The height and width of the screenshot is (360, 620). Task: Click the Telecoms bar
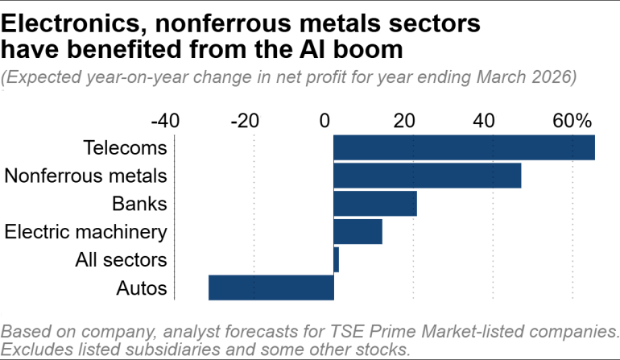tap(464, 148)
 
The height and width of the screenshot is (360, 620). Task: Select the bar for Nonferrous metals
tap(427, 176)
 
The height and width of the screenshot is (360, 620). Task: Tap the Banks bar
tap(374, 204)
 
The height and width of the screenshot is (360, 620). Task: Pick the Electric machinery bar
tap(358, 232)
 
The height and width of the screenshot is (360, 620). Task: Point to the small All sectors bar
tap(336, 259)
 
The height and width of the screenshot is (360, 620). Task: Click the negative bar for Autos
tap(271, 288)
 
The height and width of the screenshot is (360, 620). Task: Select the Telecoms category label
tap(125, 148)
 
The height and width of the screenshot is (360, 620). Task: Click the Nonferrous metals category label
tap(85, 176)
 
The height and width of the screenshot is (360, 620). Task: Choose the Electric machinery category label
tap(85, 232)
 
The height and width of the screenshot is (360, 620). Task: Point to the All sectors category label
tap(121, 259)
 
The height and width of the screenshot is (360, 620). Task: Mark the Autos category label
tap(141, 288)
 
